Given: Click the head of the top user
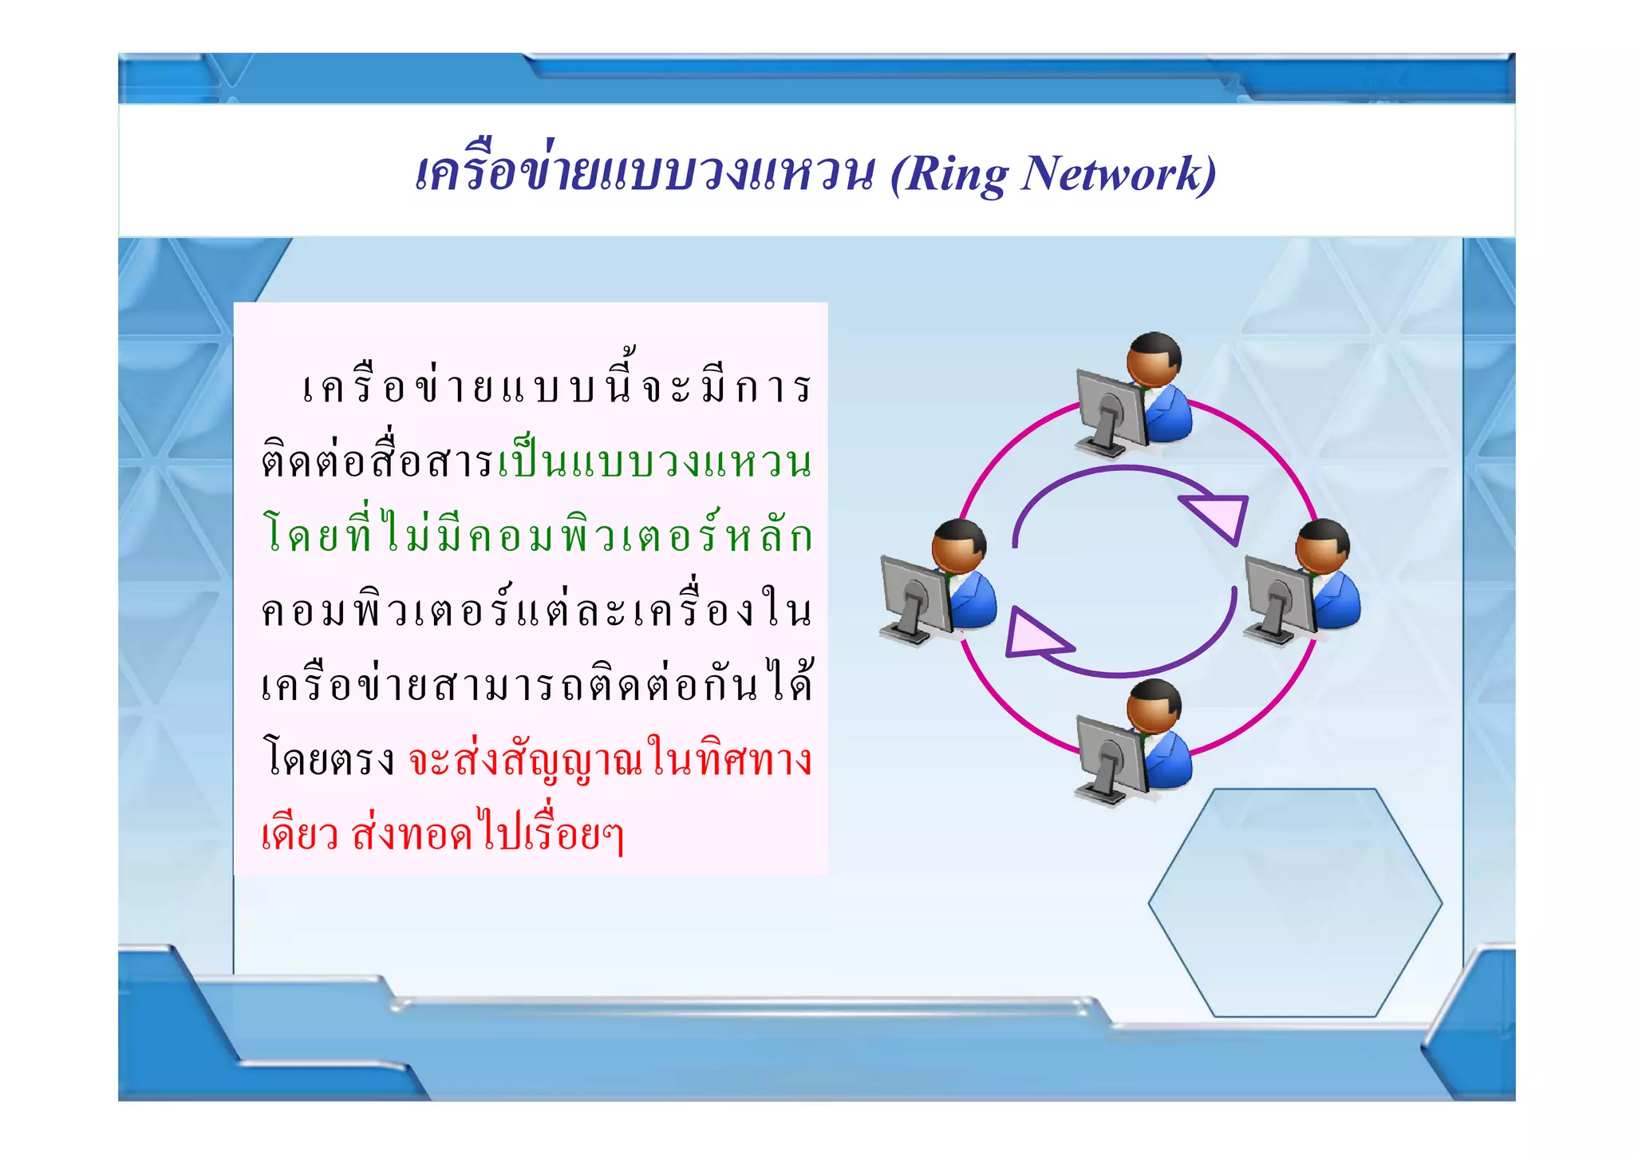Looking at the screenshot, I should pyautogui.click(x=1154, y=359).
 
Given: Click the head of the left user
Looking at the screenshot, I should pyautogui.click(x=959, y=546).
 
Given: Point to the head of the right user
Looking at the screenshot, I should pyautogui.click(x=1323, y=546).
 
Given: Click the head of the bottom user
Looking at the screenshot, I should pyautogui.click(x=1154, y=707).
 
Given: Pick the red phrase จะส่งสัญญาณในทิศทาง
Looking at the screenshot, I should pyautogui.click(x=610, y=759).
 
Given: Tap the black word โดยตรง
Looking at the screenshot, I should pyautogui.click(x=329, y=759).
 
